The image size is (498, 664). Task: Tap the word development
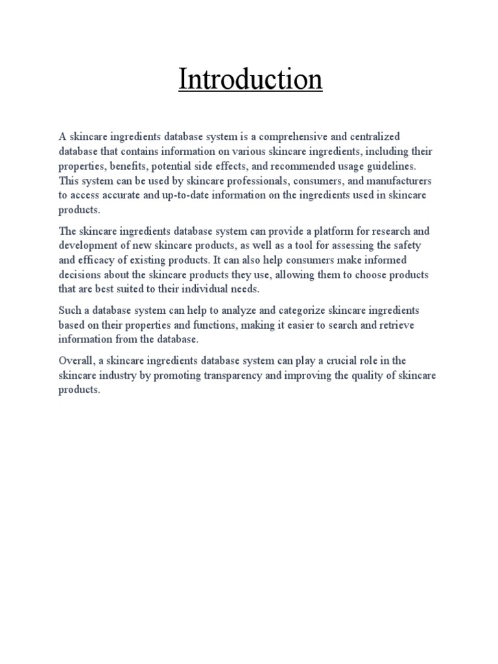[x=89, y=246]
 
